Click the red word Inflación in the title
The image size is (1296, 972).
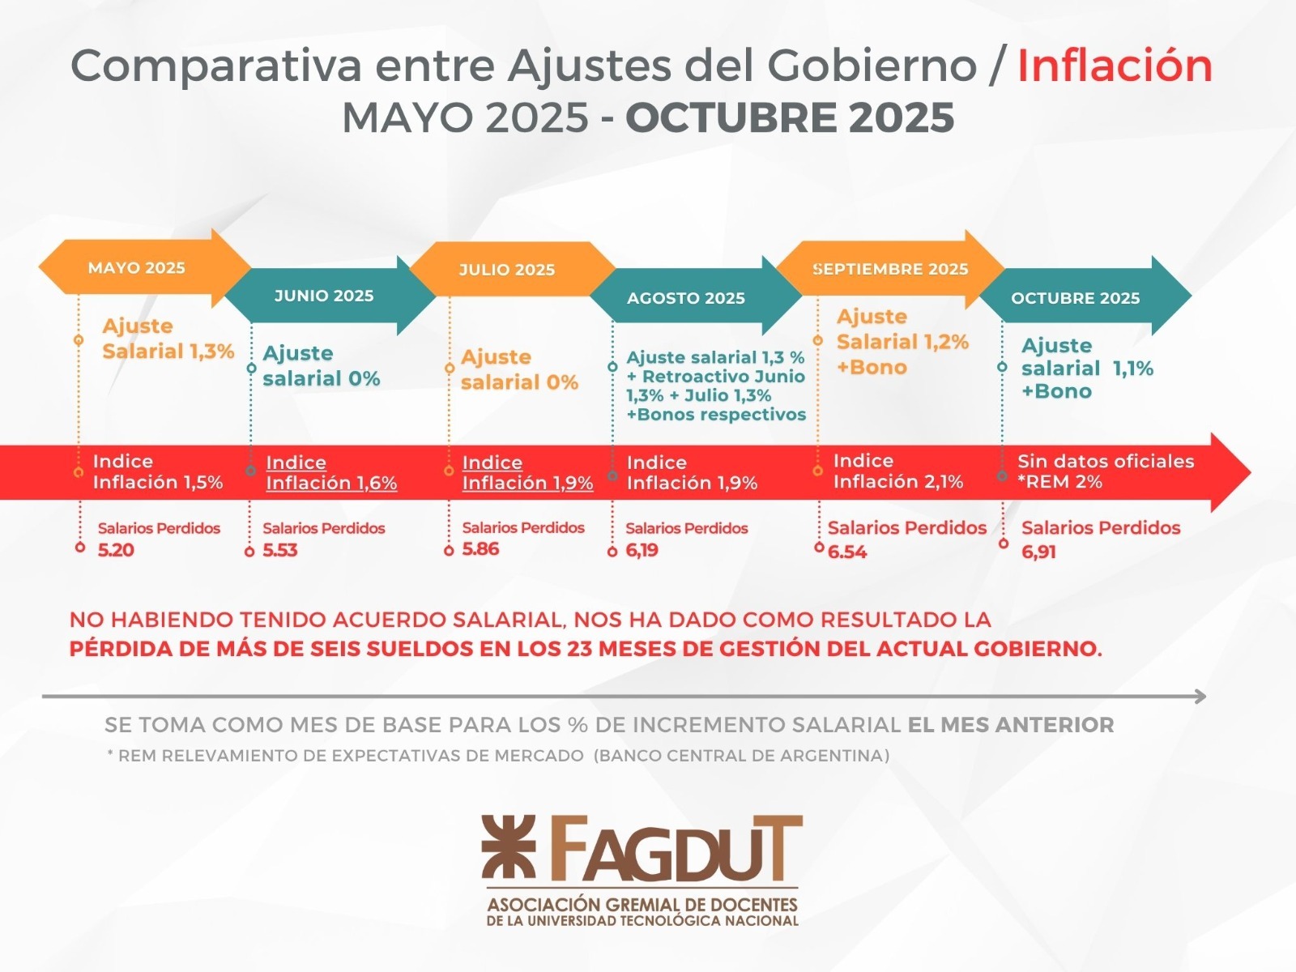coord(1115,66)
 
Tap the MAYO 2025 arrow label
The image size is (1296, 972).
coord(137,268)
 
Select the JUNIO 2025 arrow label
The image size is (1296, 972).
coord(324,296)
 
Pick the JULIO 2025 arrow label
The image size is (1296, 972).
coord(507,270)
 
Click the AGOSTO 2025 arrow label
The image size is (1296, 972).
coord(686,298)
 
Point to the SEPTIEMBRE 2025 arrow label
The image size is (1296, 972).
coord(890,269)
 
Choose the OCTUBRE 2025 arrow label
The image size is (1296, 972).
coord(1075,298)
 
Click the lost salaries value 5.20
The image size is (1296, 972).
coord(116,550)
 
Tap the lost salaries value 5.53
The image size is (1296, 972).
coord(280,550)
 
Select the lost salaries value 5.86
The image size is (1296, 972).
coord(480,549)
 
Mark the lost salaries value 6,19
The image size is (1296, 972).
coord(642,551)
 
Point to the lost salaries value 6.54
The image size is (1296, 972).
coord(847,552)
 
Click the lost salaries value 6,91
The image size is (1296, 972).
coord(1038,552)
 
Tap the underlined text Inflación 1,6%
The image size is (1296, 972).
coord(331,484)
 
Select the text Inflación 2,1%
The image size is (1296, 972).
coord(898,482)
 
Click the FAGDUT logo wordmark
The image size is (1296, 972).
coord(672,850)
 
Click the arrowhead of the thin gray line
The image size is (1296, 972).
coord(1200,697)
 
